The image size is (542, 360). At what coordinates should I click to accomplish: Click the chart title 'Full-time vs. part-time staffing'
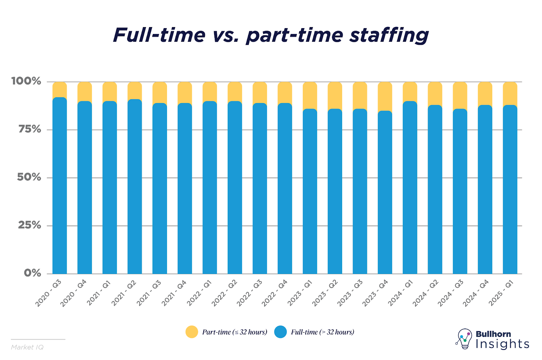pos(271,35)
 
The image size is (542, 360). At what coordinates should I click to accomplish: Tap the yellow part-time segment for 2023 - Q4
pos(385,96)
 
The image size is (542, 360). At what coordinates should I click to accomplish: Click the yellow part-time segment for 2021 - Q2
pos(135,91)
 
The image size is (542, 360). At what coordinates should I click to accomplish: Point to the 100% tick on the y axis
pos(26,81)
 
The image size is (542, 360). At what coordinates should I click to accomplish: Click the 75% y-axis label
pos(29,129)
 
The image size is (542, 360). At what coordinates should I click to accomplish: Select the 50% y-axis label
pos(29,177)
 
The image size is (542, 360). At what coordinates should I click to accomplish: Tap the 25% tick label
pos(29,225)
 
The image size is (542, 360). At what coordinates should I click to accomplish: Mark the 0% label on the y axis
pos(33,273)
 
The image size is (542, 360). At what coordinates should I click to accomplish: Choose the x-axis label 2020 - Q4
pos(74,293)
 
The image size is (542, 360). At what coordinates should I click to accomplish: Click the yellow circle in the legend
pos(192,332)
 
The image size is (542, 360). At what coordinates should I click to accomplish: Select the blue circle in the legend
pos(280,332)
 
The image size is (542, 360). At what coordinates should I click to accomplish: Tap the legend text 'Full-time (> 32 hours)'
pos(322,332)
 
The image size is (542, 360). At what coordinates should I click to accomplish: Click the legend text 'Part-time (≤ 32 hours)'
pos(234,332)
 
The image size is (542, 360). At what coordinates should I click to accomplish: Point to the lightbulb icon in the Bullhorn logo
pos(464,338)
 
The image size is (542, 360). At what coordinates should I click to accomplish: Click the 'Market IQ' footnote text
pos(27,347)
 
